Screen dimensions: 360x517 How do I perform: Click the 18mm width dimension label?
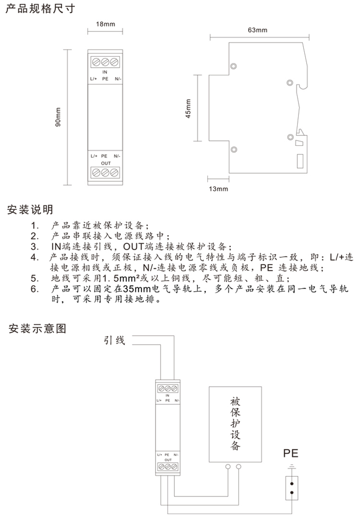tap(106, 24)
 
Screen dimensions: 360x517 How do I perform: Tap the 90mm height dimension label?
tap(58, 117)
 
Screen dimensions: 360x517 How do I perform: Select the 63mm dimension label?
tap(257, 30)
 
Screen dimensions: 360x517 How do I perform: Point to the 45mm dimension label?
tap(188, 108)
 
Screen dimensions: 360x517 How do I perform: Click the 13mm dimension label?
tap(218, 189)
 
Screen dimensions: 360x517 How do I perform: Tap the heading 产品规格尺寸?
tap(40, 9)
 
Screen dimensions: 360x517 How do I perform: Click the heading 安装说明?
tap(30, 210)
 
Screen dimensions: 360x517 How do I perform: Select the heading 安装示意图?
tap(37, 328)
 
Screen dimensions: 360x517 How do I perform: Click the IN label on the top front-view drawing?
tap(105, 72)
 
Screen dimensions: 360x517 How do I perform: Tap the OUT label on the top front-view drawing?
tap(106, 163)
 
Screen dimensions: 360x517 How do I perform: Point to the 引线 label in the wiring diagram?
tap(114, 340)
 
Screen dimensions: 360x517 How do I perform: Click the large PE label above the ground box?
tap(290, 453)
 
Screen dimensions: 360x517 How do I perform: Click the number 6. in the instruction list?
tap(35, 289)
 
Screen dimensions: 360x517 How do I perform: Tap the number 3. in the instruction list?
tap(35, 246)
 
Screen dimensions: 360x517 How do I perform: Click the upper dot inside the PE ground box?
tap(292, 484)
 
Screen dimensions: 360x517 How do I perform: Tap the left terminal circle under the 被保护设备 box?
tap(228, 467)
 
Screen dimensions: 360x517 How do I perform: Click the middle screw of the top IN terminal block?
tap(105, 62)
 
